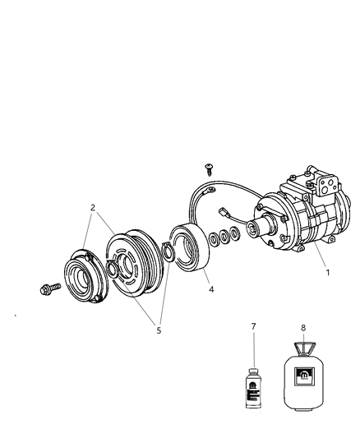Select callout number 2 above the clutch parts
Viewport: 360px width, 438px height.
point(93,208)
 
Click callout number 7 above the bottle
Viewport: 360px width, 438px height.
point(253,327)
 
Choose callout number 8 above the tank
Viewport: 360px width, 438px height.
point(303,327)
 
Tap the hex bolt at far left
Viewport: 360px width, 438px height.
point(47,289)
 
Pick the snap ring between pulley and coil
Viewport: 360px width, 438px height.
point(168,250)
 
